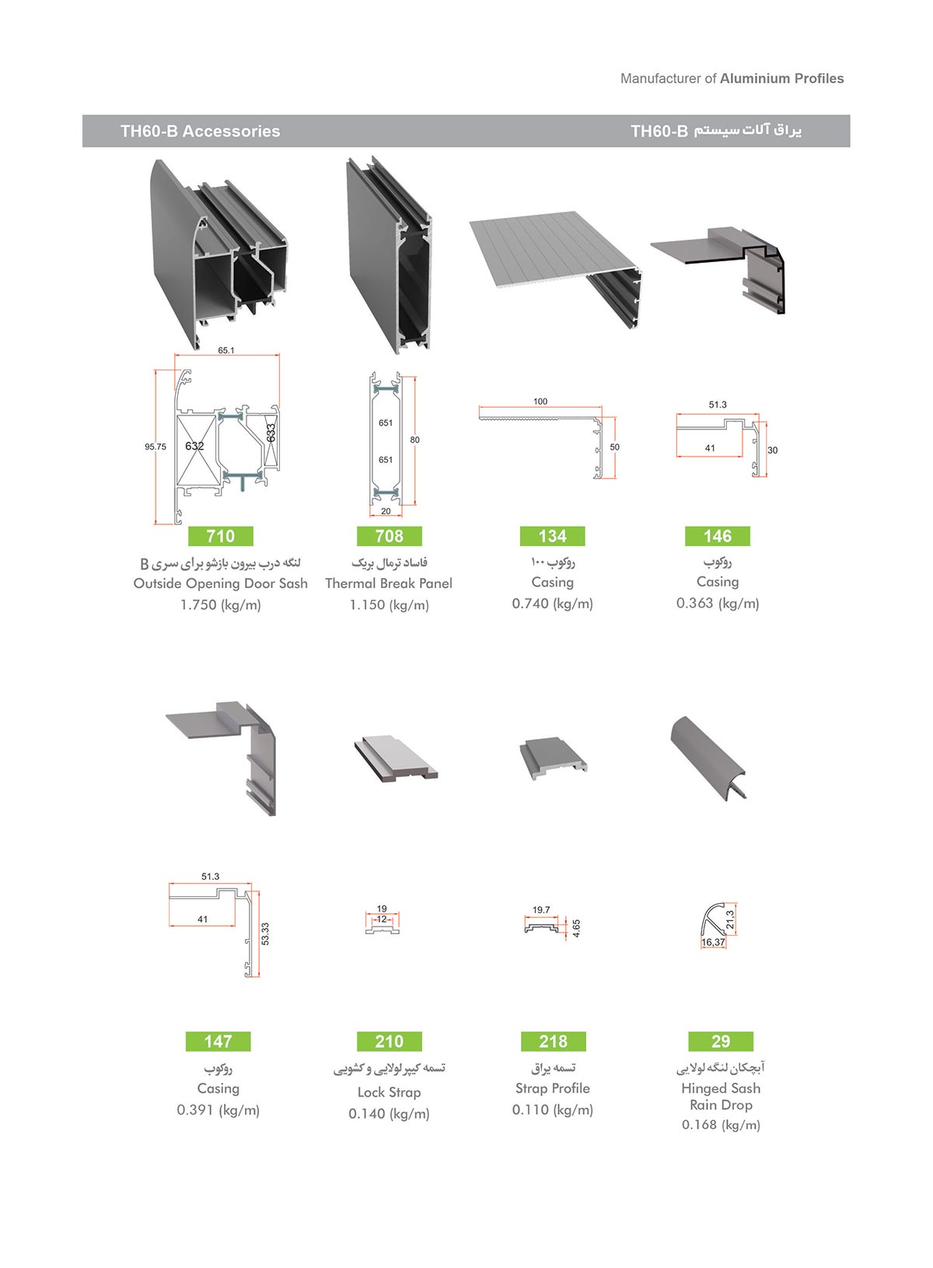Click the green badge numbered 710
[221, 536]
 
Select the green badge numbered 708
[390, 536]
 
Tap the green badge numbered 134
[552, 536]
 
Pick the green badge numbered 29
[721, 1041]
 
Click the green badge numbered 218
[554, 1041]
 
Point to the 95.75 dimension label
[155, 447]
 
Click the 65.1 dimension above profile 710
[226, 350]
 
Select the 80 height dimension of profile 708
[414, 440]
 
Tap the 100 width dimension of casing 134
[540, 401]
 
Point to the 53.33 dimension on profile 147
[265, 934]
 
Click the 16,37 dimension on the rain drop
[714, 942]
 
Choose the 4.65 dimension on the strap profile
[576, 928]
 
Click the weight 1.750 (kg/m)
[221, 605]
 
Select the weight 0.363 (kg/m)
[718, 604]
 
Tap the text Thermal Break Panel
[389, 583]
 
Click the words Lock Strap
[390, 1092]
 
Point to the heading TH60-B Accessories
[201, 131]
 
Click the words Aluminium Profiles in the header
[782, 79]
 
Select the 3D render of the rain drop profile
[708, 758]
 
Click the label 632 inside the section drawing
[194, 446]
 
